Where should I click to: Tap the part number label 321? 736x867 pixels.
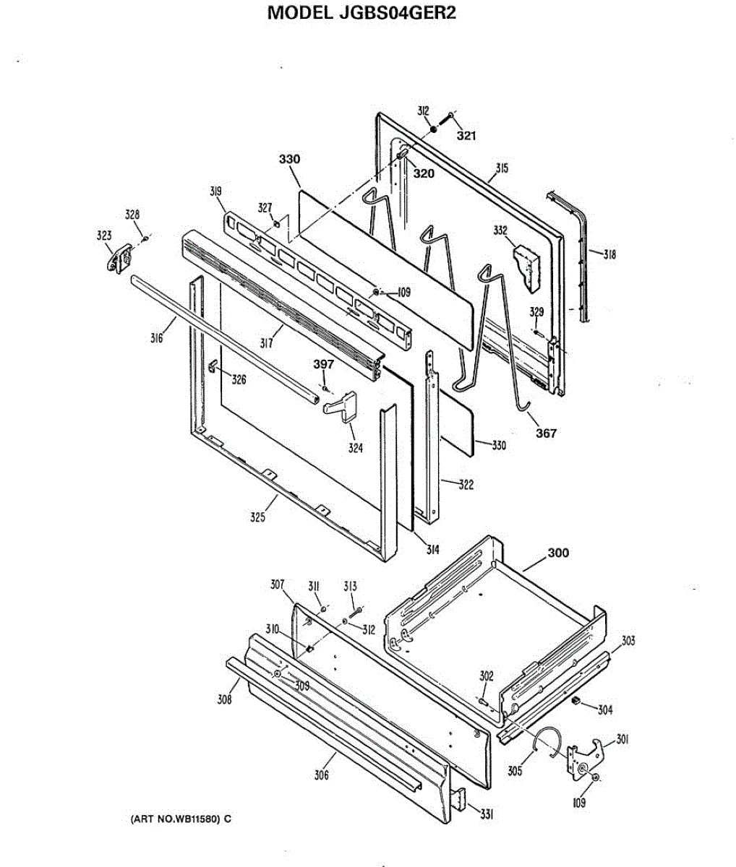pos(466,136)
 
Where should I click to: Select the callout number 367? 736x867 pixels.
pos(546,433)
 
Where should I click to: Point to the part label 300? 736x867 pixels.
pos(557,553)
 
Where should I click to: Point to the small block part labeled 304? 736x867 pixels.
pos(577,701)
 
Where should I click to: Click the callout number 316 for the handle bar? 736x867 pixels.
pos(157,337)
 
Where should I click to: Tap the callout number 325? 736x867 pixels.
pos(258,517)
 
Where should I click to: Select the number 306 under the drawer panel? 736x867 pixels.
pos(322,775)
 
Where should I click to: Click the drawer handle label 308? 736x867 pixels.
pos(225,699)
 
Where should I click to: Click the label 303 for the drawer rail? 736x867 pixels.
pos(628,641)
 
